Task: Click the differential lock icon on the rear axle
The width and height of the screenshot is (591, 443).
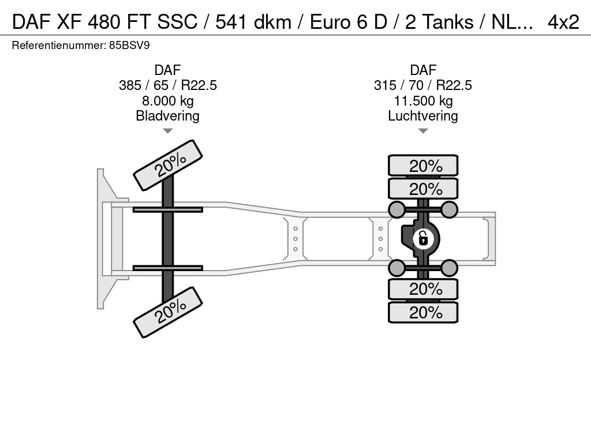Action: [423, 239]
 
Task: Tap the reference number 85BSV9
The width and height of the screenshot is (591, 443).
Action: [129, 46]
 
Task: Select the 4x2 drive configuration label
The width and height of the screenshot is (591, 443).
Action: [563, 22]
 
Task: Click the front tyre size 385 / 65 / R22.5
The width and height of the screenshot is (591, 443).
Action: [168, 85]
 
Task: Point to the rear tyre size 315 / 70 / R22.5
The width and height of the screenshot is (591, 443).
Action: [423, 85]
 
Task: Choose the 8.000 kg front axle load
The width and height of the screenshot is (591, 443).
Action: [168, 101]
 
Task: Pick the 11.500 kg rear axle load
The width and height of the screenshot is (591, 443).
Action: [423, 101]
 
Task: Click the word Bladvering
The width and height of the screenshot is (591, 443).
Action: [168, 116]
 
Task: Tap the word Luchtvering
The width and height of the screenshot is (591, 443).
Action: [423, 116]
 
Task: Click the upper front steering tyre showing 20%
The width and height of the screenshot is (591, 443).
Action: [168, 166]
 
